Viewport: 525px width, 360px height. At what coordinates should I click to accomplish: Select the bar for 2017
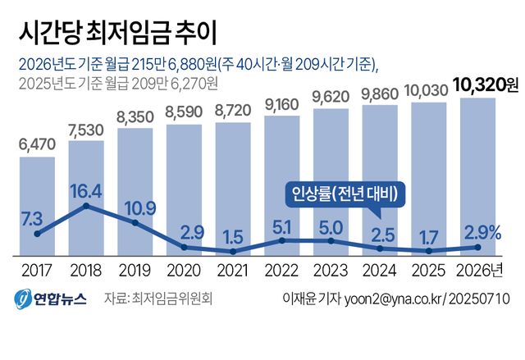point(37,205)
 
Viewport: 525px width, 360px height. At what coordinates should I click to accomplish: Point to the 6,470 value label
point(37,145)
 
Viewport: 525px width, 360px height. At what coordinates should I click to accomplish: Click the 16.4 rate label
point(86,192)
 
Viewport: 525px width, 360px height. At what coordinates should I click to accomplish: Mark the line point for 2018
point(86,207)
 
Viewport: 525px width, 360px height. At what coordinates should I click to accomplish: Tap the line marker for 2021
point(233,250)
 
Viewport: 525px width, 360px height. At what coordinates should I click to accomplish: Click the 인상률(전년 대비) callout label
point(346,194)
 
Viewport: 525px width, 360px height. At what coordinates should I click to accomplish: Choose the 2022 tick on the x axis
point(282,269)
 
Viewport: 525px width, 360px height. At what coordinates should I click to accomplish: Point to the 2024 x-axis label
point(380,269)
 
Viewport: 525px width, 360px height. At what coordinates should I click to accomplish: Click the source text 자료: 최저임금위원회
point(159,298)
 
